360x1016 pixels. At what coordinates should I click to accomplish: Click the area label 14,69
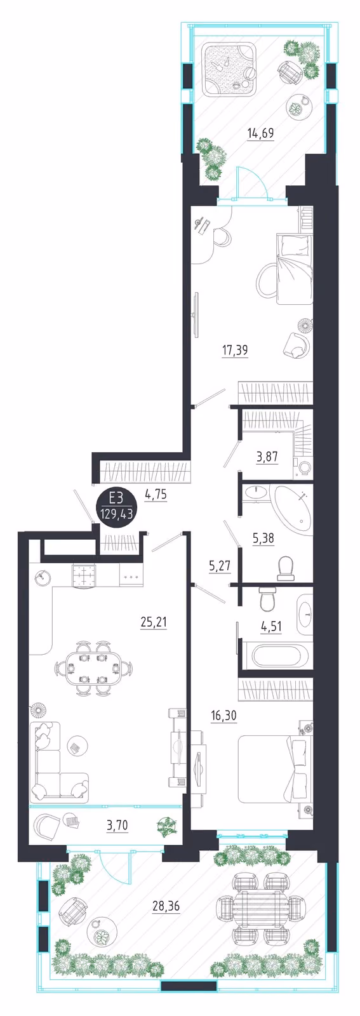point(261,133)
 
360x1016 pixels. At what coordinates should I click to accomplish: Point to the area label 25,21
point(154,622)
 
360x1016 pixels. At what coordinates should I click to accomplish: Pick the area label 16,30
point(224,716)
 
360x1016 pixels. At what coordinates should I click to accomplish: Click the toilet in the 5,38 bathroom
point(286,568)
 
